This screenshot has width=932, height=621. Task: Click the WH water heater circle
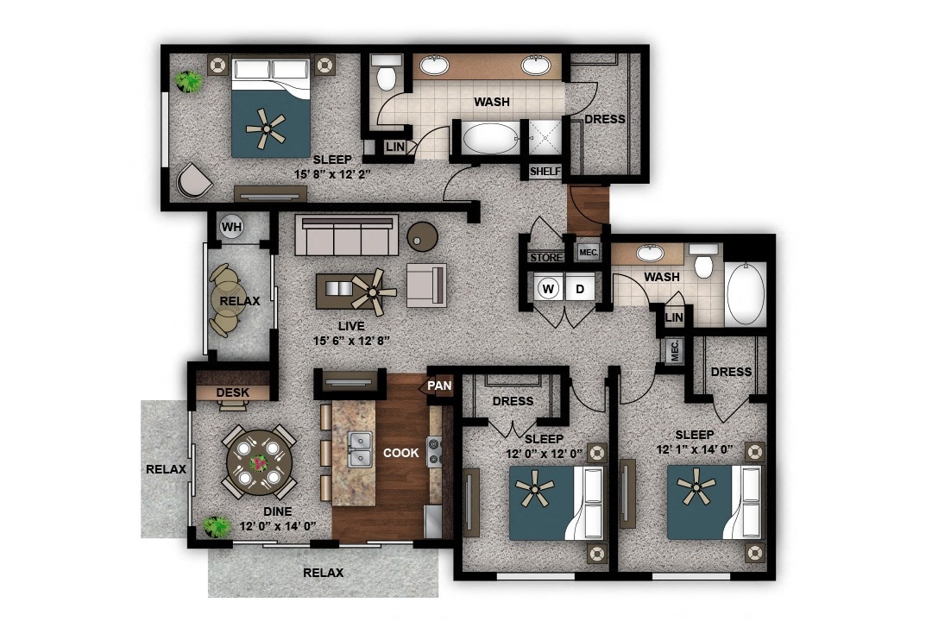(x=231, y=227)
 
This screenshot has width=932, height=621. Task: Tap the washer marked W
(x=548, y=288)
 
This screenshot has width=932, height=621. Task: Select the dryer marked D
(x=581, y=288)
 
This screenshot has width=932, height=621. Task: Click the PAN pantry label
(x=439, y=386)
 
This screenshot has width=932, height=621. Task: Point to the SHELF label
(x=545, y=172)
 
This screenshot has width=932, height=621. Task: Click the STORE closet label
(x=545, y=257)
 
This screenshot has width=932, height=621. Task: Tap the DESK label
(x=232, y=392)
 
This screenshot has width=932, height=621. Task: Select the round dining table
(x=259, y=463)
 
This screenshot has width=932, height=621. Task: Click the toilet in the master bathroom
(x=386, y=76)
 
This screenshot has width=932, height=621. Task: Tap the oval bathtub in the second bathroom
(x=746, y=293)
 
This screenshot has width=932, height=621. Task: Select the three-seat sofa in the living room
(x=346, y=235)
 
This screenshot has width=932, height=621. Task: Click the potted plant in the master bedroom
(x=189, y=81)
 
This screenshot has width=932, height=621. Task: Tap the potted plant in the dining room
(x=217, y=524)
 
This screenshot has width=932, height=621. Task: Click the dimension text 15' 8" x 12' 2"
(x=332, y=173)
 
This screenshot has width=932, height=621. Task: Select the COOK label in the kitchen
(x=401, y=453)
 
